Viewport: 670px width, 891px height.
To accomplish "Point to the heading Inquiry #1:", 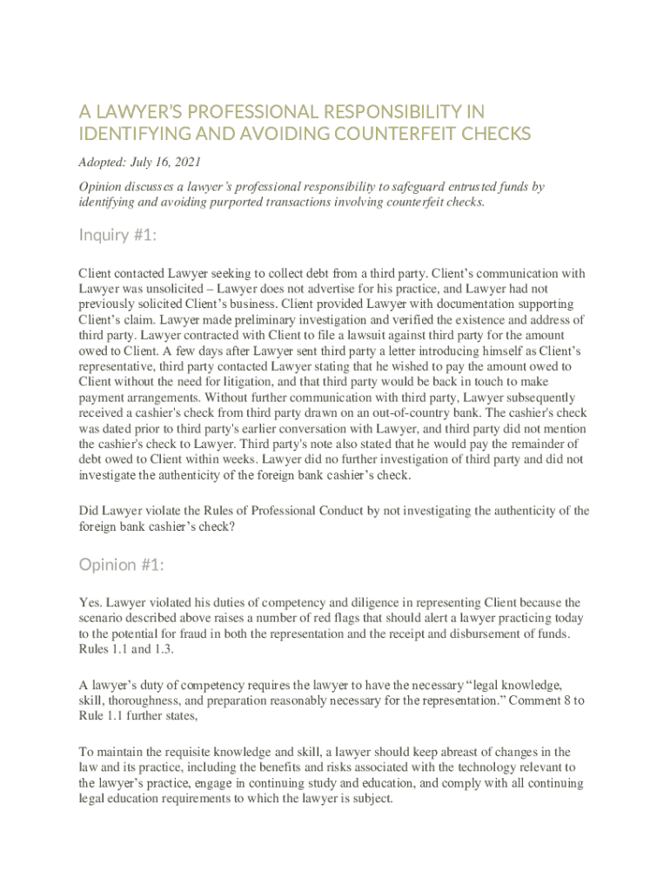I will point(117,235).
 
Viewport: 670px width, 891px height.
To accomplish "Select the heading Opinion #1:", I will point(121,565).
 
